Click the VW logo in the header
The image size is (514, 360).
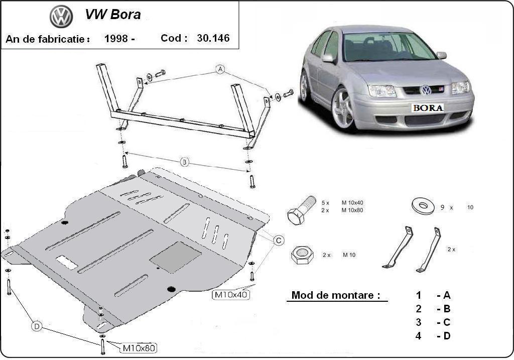point(61,17)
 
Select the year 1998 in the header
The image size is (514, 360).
point(116,39)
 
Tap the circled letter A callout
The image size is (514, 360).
point(220,69)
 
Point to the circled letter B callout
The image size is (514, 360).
point(185,162)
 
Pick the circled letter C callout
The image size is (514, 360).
point(279,241)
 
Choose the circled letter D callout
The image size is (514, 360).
point(37,326)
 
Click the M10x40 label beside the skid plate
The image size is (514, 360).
point(231,295)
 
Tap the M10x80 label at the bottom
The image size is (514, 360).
point(139,347)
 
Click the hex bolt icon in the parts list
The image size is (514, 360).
point(301,210)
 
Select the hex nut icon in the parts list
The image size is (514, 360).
point(302,255)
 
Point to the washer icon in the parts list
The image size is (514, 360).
point(423,205)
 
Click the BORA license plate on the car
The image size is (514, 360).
point(428,107)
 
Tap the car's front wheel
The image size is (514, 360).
point(343,109)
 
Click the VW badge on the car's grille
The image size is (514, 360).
point(426,90)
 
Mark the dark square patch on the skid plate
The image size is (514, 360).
point(175,257)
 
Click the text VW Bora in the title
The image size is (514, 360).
point(112,15)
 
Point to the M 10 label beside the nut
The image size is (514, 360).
point(349,255)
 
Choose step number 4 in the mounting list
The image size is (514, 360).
point(418,335)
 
